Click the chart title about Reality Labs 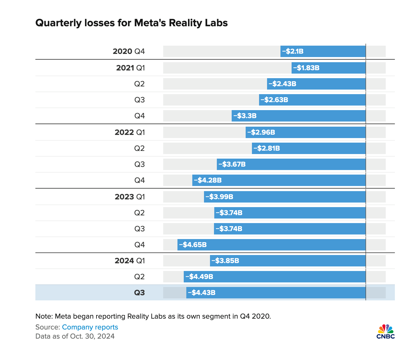[x=132, y=23]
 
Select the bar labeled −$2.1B [x=323, y=51]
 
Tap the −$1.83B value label [x=306, y=68]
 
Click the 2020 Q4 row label [x=129, y=51]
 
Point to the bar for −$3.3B [x=298, y=116]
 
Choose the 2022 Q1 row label [x=130, y=132]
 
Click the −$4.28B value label [x=208, y=180]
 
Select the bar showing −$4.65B [x=271, y=245]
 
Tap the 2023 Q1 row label [x=130, y=197]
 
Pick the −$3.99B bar [x=285, y=197]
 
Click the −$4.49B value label [x=199, y=277]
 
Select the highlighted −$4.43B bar [x=276, y=293]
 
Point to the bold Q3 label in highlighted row [x=140, y=293]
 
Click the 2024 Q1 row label [x=130, y=261]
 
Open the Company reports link [x=90, y=327]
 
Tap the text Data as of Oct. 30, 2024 [x=75, y=336]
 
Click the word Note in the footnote [x=43, y=316]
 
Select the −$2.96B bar [x=306, y=132]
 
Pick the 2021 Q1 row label [x=130, y=68]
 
